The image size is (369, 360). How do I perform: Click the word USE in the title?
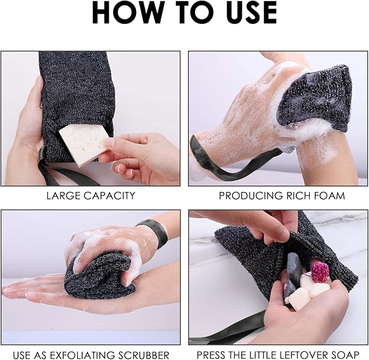coord(247,13)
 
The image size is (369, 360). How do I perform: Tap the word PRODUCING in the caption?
coord(245,195)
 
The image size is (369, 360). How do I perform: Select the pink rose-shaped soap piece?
coord(320,271)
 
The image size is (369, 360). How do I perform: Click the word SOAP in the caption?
coord(348,355)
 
